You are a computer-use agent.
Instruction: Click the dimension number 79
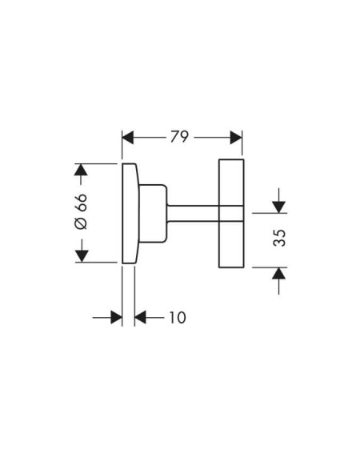click(179, 137)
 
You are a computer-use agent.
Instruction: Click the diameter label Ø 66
click(81, 211)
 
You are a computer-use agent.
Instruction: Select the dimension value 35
click(279, 238)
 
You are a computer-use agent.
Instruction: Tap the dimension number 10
click(177, 318)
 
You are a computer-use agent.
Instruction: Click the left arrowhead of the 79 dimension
click(128, 137)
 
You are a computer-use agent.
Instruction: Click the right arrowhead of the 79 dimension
click(236, 137)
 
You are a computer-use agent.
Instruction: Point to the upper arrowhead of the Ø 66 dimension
click(81, 170)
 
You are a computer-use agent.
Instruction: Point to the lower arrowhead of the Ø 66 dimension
click(82, 256)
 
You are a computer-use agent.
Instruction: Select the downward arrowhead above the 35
click(278, 207)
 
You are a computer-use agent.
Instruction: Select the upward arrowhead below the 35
click(278, 273)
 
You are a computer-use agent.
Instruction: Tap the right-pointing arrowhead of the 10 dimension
click(116, 318)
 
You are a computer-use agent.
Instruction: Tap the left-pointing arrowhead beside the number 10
click(140, 318)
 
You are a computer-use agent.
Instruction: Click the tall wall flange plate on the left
click(130, 214)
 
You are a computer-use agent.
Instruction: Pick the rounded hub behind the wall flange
click(153, 213)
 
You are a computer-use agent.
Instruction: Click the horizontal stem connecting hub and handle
click(193, 214)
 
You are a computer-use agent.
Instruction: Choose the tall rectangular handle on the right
click(231, 214)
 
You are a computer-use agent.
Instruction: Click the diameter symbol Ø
click(81, 223)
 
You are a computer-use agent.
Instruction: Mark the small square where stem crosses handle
click(231, 214)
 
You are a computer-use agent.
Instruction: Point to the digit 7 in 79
click(174, 137)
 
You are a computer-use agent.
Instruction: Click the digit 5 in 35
click(279, 233)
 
